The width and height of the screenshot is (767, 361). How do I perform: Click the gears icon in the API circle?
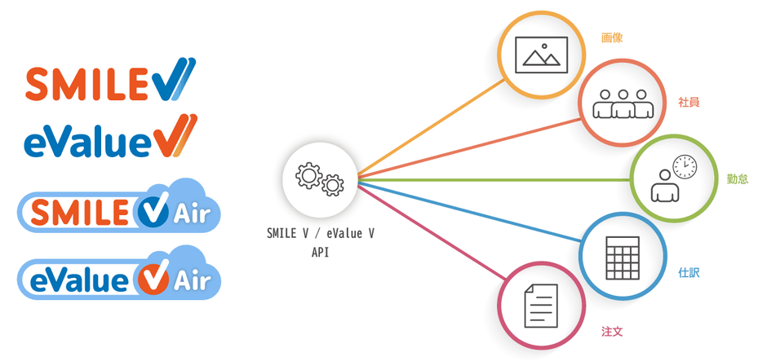click(x=319, y=178)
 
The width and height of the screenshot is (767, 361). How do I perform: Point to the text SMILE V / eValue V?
click(x=320, y=234)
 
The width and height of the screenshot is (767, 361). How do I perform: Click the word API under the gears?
click(x=320, y=253)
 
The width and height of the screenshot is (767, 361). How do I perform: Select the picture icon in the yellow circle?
click(x=542, y=54)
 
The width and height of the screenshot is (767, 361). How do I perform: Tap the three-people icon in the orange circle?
click(x=624, y=103)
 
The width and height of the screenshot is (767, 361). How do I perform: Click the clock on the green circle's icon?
click(x=685, y=167)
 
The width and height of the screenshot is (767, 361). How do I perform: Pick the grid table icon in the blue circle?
click(x=623, y=257)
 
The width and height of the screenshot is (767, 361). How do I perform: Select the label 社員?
click(x=689, y=103)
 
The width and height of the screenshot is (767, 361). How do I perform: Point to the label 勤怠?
click(x=737, y=178)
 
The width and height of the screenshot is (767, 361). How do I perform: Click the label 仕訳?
click(x=689, y=273)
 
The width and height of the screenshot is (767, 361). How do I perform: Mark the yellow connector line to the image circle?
click(x=432, y=134)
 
